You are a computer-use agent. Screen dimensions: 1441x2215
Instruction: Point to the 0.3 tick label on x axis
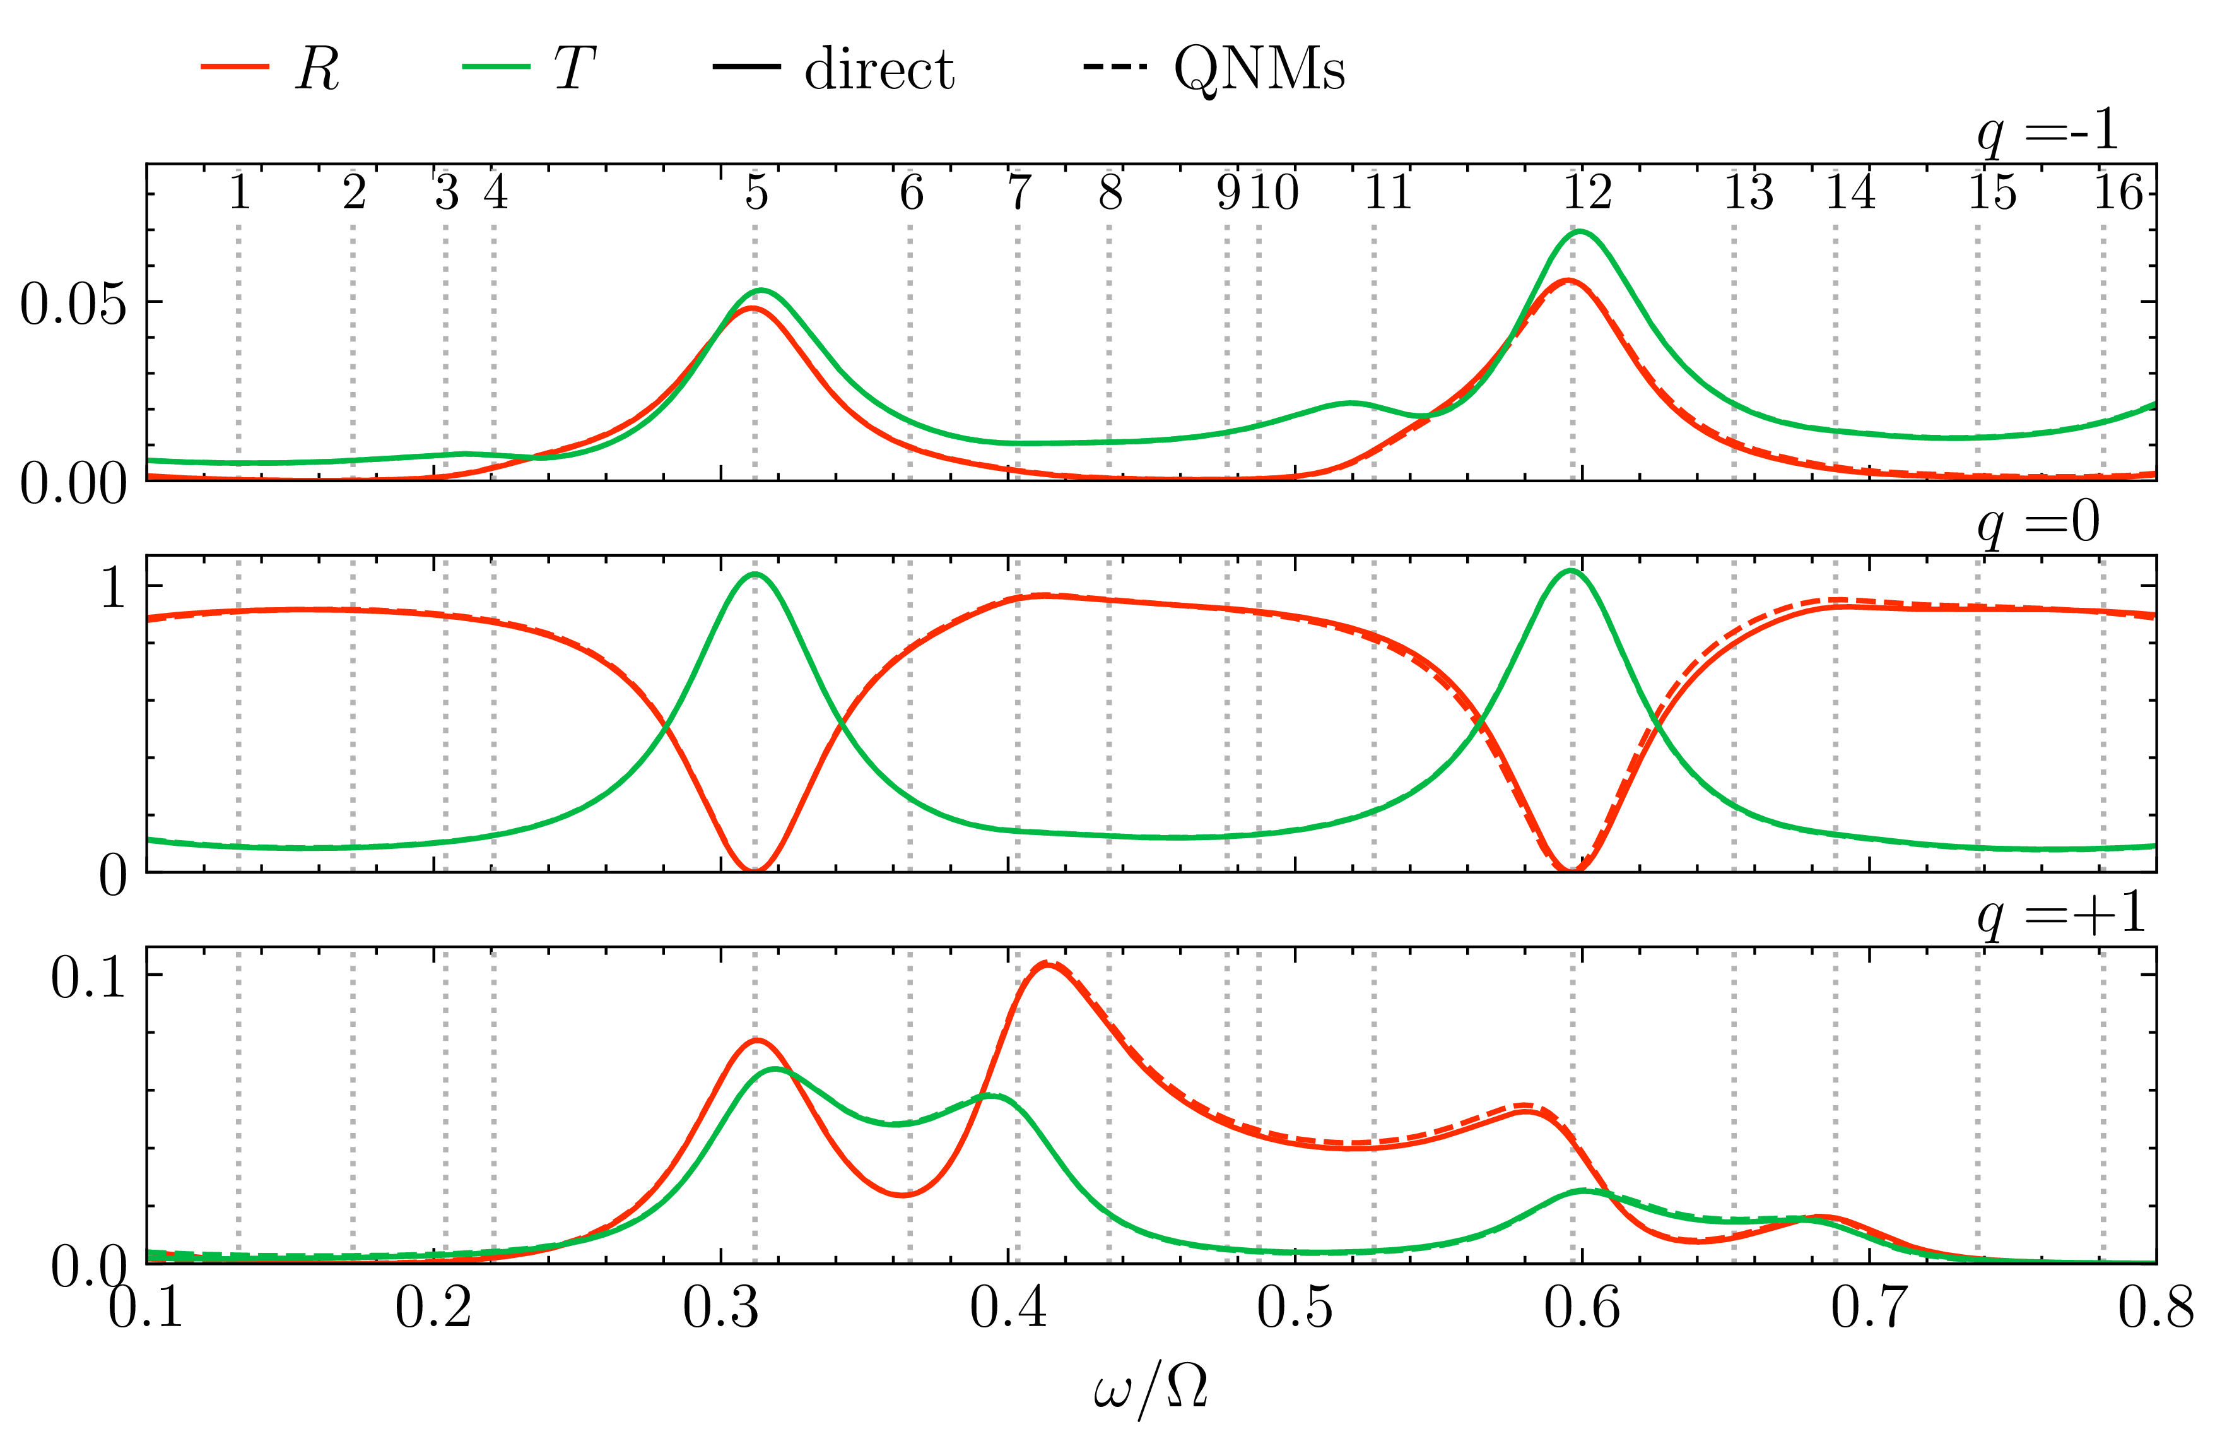click(x=720, y=1308)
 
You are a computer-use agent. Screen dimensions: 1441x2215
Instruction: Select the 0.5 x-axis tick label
click(x=1295, y=1308)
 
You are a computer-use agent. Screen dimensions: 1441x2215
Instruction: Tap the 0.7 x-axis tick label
click(x=1869, y=1308)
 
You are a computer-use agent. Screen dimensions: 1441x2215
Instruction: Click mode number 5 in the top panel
click(x=756, y=193)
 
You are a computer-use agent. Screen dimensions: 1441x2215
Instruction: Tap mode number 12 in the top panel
click(x=1587, y=193)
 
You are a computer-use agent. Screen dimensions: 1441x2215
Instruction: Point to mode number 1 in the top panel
click(x=240, y=193)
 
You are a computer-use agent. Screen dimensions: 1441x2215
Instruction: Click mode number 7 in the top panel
click(x=1019, y=193)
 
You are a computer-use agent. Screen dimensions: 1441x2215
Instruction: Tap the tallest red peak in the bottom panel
click(x=1048, y=964)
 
